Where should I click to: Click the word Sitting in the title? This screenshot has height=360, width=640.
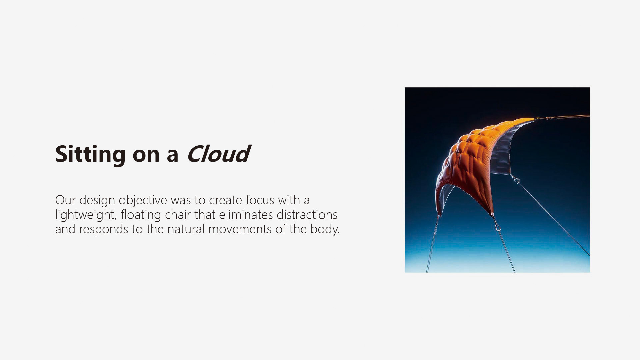pyautogui.click(x=90, y=155)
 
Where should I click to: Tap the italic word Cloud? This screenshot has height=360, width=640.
pyautogui.click(x=218, y=154)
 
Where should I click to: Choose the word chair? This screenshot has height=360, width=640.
pyautogui.click(x=178, y=215)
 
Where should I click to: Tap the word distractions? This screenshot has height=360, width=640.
pyautogui.click(x=307, y=215)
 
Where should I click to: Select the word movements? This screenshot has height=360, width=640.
pyautogui.click(x=240, y=229)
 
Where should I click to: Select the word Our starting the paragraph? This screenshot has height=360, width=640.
pyautogui.click(x=65, y=200)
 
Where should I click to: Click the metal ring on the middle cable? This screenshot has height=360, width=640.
pyautogui.click(x=498, y=227)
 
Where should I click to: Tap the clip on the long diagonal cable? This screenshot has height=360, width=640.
pyautogui.click(x=516, y=180)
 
